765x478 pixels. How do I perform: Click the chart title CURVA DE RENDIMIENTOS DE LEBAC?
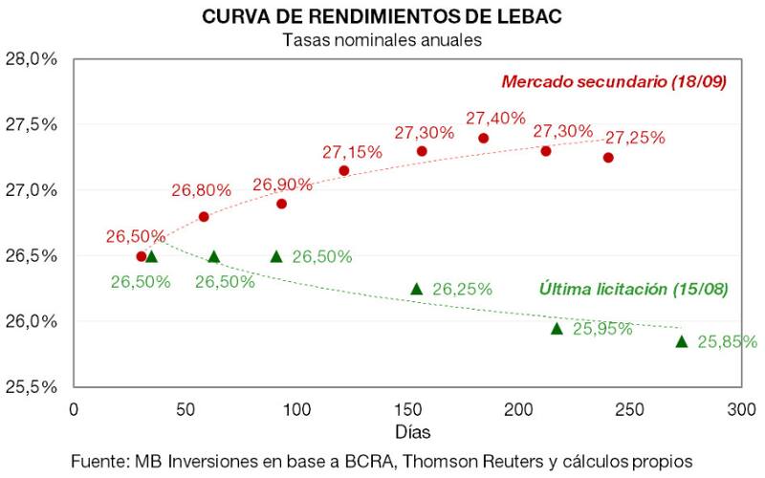pos(382,17)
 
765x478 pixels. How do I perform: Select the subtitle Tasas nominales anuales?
pos(382,40)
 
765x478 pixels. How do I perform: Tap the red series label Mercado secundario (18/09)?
pos(613,81)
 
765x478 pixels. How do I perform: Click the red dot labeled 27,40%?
pos(484,138)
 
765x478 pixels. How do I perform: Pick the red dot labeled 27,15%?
pos(344,170)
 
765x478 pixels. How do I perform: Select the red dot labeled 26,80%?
pos(204,217)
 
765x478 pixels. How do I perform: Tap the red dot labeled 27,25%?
pos(608,157)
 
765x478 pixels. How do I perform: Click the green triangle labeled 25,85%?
pos(682,341)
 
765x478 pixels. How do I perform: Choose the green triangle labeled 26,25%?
pos(416,289)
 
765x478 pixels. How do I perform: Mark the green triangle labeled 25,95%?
pos(557,328)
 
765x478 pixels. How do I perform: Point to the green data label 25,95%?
pos(602,329)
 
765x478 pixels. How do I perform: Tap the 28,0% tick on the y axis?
pos(32,59)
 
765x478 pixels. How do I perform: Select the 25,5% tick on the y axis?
pos(32,387)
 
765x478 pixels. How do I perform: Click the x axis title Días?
pos(407,432)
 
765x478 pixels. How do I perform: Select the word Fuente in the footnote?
pos(97,460)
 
